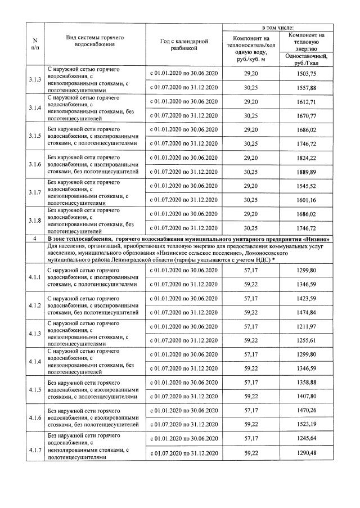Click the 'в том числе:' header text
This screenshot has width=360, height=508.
(276, 27)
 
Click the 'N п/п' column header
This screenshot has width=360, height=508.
(35, 44)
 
